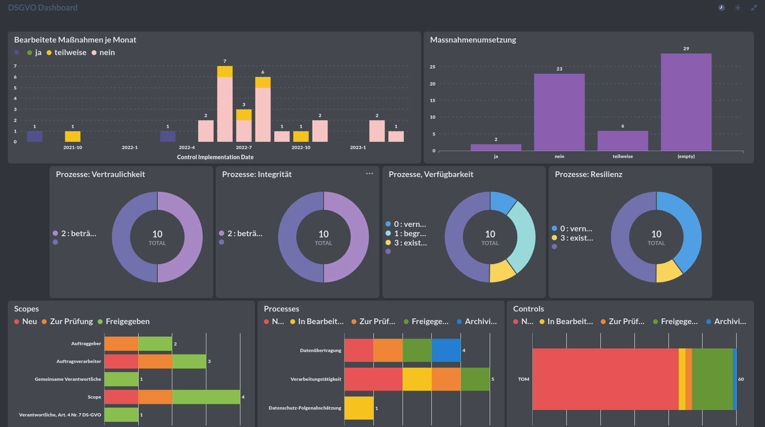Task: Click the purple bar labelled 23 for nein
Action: pyautogui.click(x=559, y=112)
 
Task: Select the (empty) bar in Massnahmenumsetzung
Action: pyautogui.click(x=686, y=102)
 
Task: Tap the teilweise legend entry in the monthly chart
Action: pyautogui.click(x=66, y=53)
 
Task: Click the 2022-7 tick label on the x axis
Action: pyautogui.click(x=244, y=147)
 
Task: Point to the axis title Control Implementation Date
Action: pyautogui.click(x=215, y=157)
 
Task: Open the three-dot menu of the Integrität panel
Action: pyautogui.click(x=369, y=174)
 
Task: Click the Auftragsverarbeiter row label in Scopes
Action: pyautogui.click(x=79, y=361)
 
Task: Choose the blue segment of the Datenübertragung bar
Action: pyautogui.click(x=446, y=350)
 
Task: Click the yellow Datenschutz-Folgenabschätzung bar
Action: pyautogui.click(x=359, y=408)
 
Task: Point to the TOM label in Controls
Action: pyautogui.click(x=523, y=379)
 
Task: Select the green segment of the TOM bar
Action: pyautogui.click(x=712, y=379)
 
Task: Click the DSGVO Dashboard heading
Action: pyautogui.click(x=43, y=8)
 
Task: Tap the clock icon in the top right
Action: pyautogui.click(x=722, y=8)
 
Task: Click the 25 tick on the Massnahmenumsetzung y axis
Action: pyautogui.click(x=433, y=67)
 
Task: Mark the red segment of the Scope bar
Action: pyautogui.click(x=121, y=397)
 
